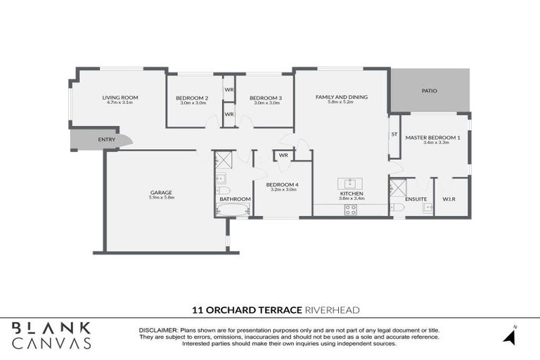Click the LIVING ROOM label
[120, 97]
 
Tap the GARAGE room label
[161, 192]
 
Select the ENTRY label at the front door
[107, 140]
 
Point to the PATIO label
[430, 91]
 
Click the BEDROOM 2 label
[192, 97]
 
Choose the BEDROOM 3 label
[266, 97]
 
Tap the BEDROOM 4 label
[281, 184]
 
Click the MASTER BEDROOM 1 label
[432, 137]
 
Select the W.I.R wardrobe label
[451, 198]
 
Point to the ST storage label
[394, 134]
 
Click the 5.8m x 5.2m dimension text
[342, 103]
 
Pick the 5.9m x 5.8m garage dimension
[161, 198]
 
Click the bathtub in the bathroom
[233, 210]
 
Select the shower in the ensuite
[398, 188]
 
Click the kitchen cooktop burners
[349, 209]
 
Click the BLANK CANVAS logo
[51, 335]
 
